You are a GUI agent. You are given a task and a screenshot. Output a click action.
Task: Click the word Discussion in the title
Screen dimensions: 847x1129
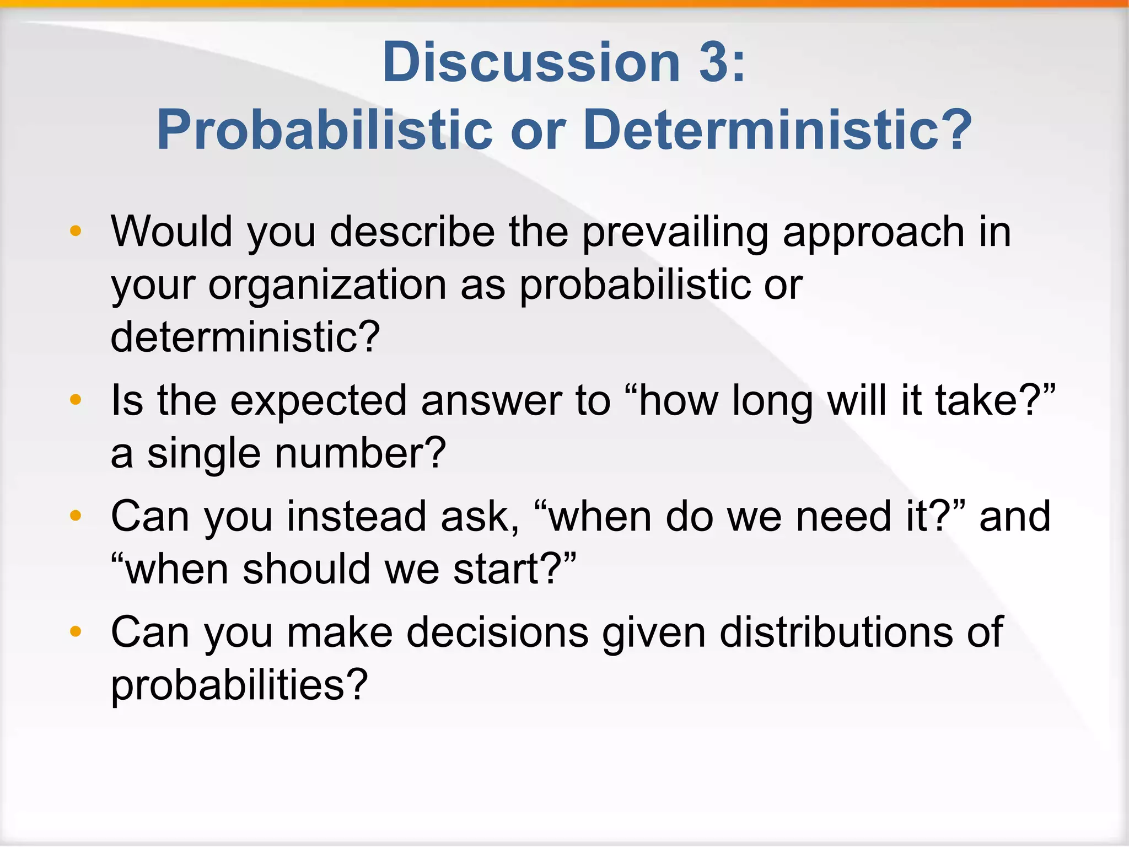531,62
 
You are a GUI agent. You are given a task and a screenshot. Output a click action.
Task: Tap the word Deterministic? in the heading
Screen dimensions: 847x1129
777,131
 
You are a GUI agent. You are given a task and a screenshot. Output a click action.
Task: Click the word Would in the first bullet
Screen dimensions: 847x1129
171,232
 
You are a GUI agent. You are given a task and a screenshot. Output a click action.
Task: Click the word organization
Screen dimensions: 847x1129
327,286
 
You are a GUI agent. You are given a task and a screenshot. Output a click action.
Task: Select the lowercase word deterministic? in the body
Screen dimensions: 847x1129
245,336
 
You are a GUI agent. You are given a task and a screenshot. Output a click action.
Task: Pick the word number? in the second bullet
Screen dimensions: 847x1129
360,453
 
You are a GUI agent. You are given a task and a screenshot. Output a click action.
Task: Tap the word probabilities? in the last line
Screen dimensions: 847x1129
239,685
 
